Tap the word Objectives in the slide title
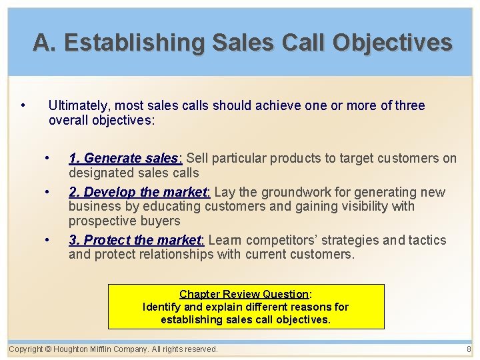click(393, 43)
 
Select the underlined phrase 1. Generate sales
click(124, 158)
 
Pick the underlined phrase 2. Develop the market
click(138, 192)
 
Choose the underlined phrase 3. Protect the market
click(135, 240)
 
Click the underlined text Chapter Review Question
click(244, 294)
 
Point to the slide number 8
click(469, 349)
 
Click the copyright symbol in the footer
click(49, 349)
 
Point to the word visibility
click(367, 206)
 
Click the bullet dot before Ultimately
click(23, 105)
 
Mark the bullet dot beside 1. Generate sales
click(47, 158)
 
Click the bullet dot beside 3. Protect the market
click(47, 240)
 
